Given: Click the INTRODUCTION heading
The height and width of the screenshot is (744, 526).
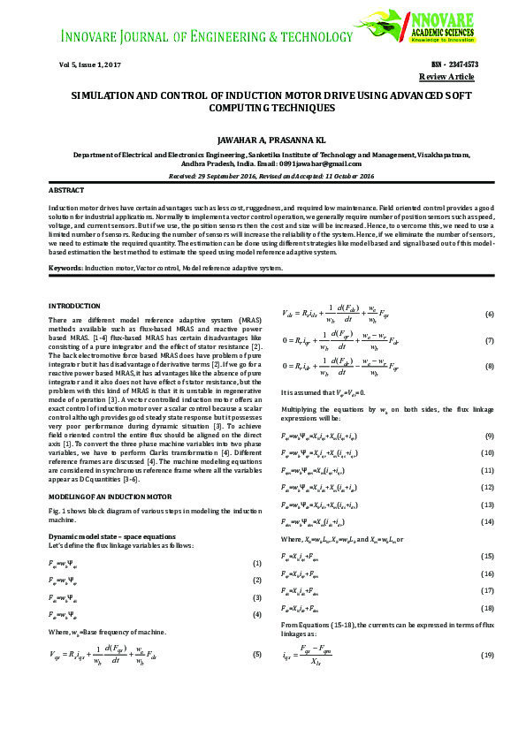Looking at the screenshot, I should [75, 305].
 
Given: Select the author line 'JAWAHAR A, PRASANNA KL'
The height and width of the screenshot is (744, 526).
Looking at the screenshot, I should [263, 140].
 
